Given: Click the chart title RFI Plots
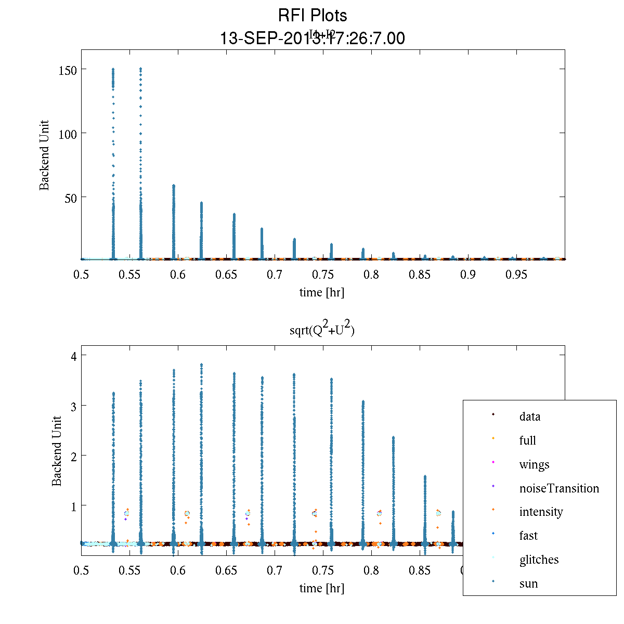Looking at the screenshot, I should point(313,16).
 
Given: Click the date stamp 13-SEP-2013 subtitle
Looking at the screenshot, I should point(313,38).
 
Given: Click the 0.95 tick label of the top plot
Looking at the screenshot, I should point(516,275).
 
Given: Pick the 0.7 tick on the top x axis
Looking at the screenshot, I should point(275,275).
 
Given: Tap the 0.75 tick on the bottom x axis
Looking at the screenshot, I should point(323,570).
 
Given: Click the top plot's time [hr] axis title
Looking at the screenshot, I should point(321,292).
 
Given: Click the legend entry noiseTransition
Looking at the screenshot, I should point(559,488).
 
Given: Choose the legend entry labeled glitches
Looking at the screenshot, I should point(539,560).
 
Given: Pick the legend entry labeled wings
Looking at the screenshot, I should point(534,464).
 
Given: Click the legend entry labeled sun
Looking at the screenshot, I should point(528,583).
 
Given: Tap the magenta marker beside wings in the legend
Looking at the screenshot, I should point(493,462).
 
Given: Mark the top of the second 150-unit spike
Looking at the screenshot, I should point(140,69).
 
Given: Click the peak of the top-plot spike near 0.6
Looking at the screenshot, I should point(174,185).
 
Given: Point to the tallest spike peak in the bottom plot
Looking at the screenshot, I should point(201,365).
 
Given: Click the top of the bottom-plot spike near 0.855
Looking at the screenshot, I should point(425,476).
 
